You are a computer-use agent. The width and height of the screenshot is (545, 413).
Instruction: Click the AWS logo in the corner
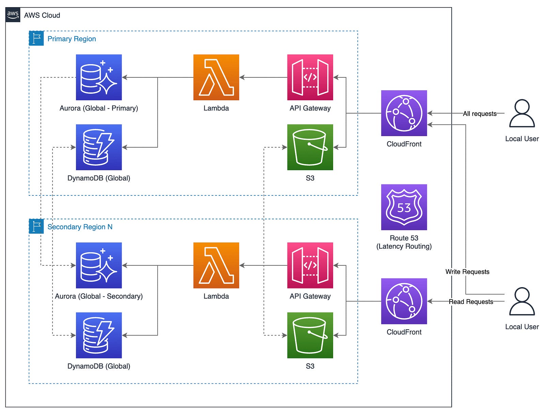pos(13,15)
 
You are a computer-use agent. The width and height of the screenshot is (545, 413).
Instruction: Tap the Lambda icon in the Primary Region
pos(216,77)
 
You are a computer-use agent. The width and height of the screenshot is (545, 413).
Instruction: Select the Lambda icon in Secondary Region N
pos(216,265)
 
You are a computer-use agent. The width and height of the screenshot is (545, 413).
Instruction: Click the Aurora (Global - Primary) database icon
pos(99,77)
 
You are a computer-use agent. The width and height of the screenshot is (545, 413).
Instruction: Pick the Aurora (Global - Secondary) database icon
pos(99,265)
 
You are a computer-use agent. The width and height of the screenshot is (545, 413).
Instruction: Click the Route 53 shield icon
pos(404,207)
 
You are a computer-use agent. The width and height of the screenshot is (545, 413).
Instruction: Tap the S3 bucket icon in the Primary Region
pos(310,147)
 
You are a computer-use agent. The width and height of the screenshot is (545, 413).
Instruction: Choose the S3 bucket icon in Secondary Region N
pos(310,335)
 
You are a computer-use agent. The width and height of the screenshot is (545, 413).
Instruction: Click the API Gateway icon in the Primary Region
pos(310,77)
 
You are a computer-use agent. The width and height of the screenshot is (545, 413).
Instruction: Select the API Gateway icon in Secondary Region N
pos(310,265)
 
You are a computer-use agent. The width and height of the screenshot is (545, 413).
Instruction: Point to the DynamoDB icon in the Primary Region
pos(99,147)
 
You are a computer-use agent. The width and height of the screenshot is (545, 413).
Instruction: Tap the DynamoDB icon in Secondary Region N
pos(99,335)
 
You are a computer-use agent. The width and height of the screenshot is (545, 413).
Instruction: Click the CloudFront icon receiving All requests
pos(404,113)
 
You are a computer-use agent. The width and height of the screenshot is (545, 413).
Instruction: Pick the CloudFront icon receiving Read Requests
pos(404,301)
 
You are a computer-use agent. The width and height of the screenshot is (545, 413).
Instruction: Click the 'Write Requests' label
pos(467,272)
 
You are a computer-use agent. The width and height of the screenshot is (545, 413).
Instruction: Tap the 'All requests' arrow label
pos(480,114)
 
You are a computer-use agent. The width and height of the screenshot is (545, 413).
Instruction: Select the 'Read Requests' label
pos(471,302)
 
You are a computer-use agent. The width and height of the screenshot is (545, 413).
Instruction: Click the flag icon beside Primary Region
pos(36,38)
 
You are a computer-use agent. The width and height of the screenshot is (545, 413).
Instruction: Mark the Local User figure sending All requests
pos(522,114)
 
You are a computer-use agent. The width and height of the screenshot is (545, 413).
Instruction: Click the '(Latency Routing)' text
pos(404,246)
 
